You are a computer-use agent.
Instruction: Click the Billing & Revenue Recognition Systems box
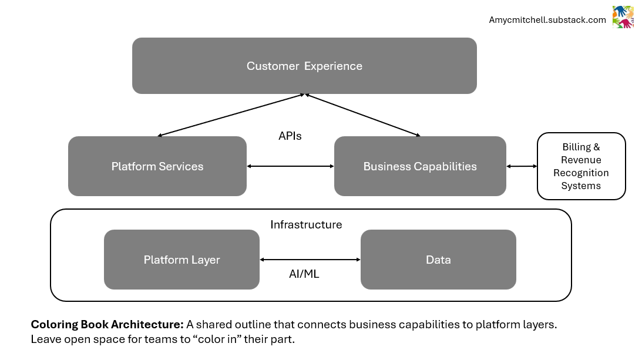581,166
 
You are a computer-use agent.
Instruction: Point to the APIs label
290,136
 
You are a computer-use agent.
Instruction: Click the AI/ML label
304,274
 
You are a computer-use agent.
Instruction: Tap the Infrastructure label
306,225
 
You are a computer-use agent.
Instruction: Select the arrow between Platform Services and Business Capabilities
290,166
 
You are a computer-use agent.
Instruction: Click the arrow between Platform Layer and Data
310,260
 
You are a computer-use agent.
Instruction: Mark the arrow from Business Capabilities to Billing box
522,166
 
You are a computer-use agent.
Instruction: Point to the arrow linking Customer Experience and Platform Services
231,115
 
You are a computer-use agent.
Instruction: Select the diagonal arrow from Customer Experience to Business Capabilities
362,115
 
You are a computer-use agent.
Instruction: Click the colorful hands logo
623,17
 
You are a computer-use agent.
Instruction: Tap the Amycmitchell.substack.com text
547,20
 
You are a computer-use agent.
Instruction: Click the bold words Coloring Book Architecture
107,324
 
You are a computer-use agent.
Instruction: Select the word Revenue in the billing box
581,160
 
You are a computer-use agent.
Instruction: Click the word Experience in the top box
333,66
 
